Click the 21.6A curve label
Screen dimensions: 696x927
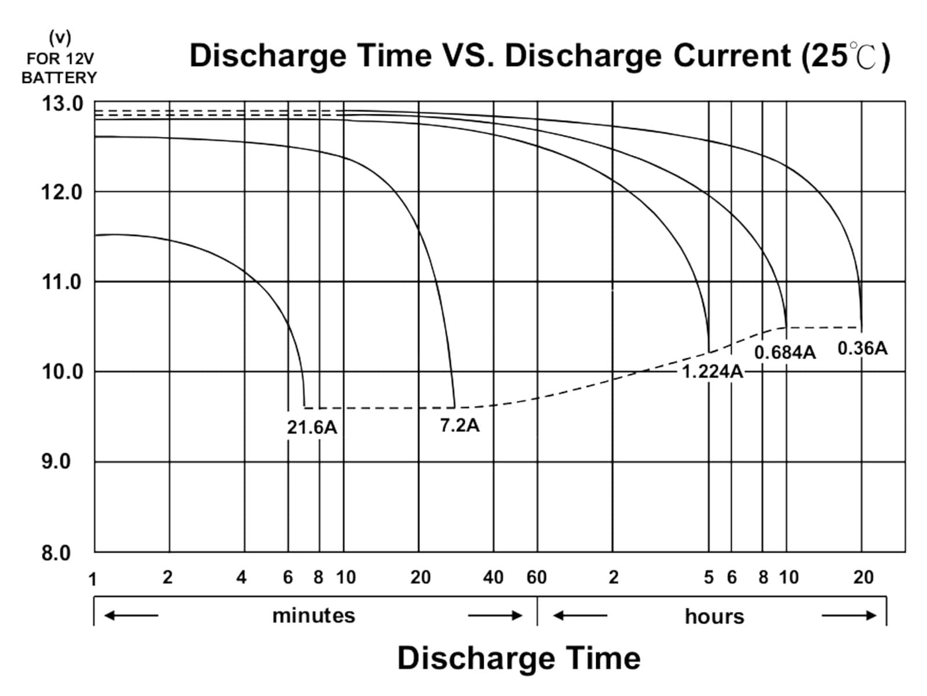pos(312,427)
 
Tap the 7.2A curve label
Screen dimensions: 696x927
pos(459,425)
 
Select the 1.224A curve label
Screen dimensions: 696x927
pos(712,371)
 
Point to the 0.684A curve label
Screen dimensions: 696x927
pos(784,353)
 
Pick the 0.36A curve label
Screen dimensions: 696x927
pos(862,348)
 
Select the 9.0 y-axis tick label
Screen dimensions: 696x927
pos(56,462)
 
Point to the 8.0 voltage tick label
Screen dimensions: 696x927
pos(56,553)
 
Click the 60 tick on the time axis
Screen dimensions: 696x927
pos(537,577)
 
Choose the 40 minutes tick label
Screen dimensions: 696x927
pos(493,577)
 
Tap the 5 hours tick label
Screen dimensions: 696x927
pos(709,577)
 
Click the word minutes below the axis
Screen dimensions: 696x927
pos(313,615)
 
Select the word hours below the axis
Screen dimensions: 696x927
pos(714,616)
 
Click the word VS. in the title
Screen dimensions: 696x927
pos(468,56)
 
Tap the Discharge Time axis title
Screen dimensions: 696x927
pos(519,658)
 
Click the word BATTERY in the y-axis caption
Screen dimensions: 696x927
pos(59,77)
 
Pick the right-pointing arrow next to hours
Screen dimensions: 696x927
pos(849,615)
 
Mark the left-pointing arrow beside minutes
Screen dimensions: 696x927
pos(131,615)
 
